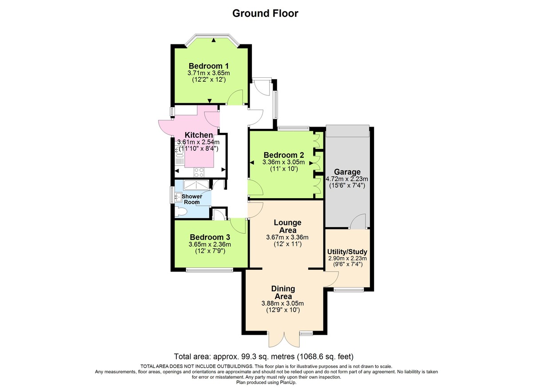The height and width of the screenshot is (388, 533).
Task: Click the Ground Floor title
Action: pyautogui.click(x=265, y=13)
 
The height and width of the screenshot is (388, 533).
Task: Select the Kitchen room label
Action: pyautogui.click(x=199, y=135)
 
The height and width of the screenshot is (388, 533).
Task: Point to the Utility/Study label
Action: pyautogui.click(x=348, y=252)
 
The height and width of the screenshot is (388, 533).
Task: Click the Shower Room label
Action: pyautogui.click(x=191, y=199)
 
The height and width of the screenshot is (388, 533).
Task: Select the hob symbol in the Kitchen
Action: pyautogui.click(x=199, y=171)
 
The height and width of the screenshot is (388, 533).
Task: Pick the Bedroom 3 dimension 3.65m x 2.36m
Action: pyautogui.click(x=210, y=244)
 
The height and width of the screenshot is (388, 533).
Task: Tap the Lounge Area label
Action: pyautogui.click(x=287, y=226)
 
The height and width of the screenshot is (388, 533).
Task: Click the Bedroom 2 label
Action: pyautogui.click(x=283, y=155)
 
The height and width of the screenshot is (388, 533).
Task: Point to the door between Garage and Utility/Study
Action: pyautogui.click(x=358, y=221)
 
